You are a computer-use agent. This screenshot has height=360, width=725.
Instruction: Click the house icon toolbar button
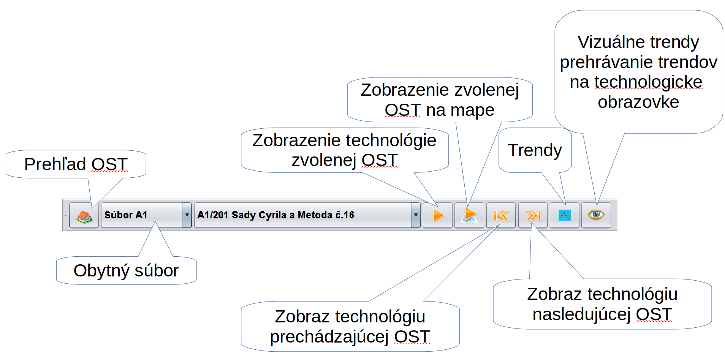click(x=84, y=215)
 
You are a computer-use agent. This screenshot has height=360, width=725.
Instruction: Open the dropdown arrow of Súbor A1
click(x=187, y=215)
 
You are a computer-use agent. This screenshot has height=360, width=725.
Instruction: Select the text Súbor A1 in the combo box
click(x=126, y=215)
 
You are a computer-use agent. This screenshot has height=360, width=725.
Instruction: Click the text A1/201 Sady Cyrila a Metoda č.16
click(x=275, y=215)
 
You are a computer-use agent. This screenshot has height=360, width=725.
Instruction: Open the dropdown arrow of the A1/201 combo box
click(x=416, y=215)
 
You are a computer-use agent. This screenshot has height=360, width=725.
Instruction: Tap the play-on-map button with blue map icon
click(x=469, y=215)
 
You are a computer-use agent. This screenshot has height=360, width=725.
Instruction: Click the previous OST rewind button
click(x=501, y=215)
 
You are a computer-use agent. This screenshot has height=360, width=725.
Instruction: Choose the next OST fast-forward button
click(x=533, y=215)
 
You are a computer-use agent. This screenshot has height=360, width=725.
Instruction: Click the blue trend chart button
click(x=564, y=215)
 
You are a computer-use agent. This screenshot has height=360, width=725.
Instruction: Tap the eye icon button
click(x=596, y=215)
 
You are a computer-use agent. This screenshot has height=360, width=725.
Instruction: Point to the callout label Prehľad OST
click(x=76, y=164)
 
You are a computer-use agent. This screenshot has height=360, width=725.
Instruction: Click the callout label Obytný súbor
click(x=126, y=271)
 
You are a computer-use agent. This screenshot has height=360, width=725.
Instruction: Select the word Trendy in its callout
click(x=535, y=150)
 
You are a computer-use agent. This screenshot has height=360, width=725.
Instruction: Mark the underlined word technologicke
click(x=648, y=82)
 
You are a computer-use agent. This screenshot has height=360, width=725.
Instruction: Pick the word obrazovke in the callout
click(x=638, y=102)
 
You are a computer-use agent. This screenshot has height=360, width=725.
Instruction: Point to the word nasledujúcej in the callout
click(x=581, y=314)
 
